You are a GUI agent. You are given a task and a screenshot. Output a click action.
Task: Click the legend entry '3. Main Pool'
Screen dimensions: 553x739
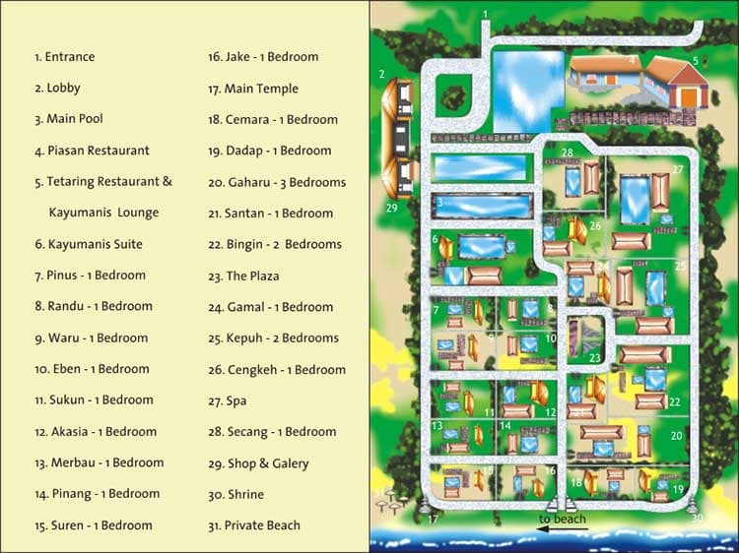click(x=68, y=119)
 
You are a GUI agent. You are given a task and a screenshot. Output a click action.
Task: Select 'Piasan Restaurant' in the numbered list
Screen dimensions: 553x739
click(x=92, y=151)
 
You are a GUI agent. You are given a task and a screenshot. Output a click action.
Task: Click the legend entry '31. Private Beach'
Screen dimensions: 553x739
click(x=253, y=525)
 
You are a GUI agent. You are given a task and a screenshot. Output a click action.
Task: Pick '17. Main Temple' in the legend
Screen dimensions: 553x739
click(x=252, y=89)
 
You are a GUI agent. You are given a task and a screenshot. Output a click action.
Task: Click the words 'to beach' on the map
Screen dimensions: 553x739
click(x=562, y=519)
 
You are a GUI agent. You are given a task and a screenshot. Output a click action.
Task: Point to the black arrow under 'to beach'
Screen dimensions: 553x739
click(x=562, y=529)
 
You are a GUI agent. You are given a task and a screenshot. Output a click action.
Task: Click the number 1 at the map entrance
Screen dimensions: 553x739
click(x=486, y=13)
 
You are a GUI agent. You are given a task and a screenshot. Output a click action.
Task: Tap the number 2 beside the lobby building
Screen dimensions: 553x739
click(x=381, y=74)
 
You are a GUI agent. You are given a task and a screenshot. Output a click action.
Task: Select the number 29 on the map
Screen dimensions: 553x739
click(x=391, y=208)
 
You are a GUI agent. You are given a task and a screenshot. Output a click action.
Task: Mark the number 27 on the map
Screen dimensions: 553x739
click(x=677, y=169)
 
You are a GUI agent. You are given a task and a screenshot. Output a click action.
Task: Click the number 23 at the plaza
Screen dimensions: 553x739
click(x=594, y=358)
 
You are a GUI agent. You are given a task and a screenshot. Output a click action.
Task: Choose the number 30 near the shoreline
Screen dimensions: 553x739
click(x=698, y=518)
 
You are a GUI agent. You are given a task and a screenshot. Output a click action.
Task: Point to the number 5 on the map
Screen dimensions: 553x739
click(x=696, y=61)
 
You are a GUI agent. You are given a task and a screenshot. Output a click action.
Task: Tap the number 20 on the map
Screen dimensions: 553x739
click(x=677, y=435)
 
